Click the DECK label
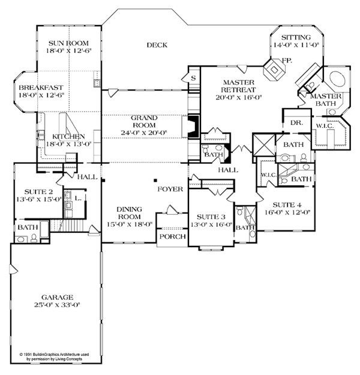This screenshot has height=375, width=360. tap(157, 45)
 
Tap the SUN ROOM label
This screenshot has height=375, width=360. tap(68, 43)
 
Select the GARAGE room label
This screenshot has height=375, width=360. tap(58, 297)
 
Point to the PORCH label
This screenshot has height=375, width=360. tap(173, 236)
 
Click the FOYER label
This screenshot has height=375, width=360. tap(170, 189)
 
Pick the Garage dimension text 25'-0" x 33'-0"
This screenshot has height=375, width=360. tap(57, 305)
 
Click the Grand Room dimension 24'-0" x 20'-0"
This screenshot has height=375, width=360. tap(144, 133)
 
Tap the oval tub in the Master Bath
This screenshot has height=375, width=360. tap(338, 79)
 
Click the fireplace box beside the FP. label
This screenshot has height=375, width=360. tap(275, 70)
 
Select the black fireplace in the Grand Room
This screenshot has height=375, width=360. tap(194, 126)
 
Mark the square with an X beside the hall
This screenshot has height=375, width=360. tap(264, 145)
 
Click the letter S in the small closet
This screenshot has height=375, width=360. tap(194, 78)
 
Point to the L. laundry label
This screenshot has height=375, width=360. tap(78, 198)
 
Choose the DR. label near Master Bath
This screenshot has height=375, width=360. tap(296, 123)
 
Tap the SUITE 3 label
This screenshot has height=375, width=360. tap(211, 217)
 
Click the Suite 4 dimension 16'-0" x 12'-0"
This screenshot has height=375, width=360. tap(287, 212)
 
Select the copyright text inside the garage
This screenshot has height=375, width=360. tap(54, 356)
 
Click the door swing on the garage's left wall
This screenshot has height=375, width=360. tap(13, 269)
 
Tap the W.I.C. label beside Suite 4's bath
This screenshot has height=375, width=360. tap(268, 175)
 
